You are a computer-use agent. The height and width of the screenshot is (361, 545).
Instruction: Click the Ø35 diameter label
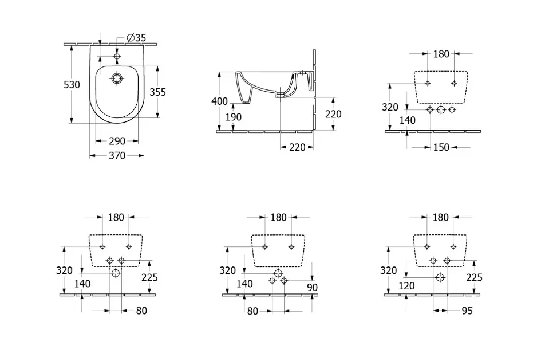click(x=136, y=38)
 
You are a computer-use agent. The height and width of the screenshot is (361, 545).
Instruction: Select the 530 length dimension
click(x=72, y=84)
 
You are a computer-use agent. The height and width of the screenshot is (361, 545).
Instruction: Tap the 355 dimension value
click(x=158, y=92)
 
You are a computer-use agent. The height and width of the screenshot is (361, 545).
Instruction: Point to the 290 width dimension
click(x=117, y=141)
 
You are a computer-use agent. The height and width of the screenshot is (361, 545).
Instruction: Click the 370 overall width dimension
click(x=117, y=155)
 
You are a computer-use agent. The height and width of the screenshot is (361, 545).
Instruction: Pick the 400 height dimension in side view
click(x=220, y=101)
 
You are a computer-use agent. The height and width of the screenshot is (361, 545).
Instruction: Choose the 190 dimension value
click(x=233, y=117)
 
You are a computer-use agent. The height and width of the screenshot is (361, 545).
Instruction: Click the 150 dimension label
click(x=441, y=147)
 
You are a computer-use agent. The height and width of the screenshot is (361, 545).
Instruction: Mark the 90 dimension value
click(x=313, y=288)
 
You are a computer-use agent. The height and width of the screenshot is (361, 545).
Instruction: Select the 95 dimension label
click(x=468, y=311)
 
